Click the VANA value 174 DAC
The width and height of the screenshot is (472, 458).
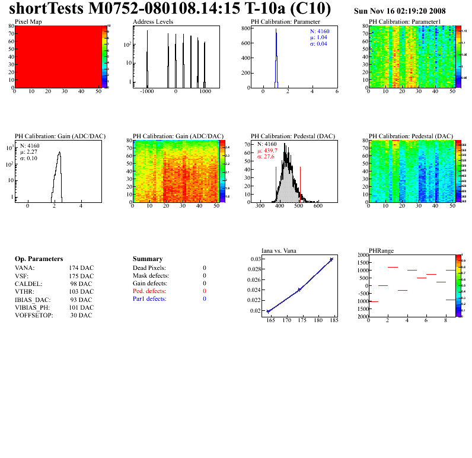click(81, 268)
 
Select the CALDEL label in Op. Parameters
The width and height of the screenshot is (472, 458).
click(27, 284)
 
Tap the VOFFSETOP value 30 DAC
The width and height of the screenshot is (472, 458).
click(81, 315)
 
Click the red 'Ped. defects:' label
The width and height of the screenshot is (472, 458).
click(150, 291)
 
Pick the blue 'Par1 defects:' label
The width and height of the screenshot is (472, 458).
click(149, 299)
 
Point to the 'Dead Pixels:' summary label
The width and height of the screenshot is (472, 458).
click(149, 268)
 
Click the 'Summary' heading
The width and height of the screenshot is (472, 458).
click(148, 259)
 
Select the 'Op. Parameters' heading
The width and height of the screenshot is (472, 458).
click(39, 259)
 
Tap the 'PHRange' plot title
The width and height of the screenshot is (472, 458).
click(381, 250)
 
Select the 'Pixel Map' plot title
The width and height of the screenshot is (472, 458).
click(28, 21)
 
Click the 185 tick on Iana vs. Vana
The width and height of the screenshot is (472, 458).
click(334, 320)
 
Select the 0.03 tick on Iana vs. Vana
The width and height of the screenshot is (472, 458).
click(255, 259)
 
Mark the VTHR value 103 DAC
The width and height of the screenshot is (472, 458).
click(81, 292)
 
